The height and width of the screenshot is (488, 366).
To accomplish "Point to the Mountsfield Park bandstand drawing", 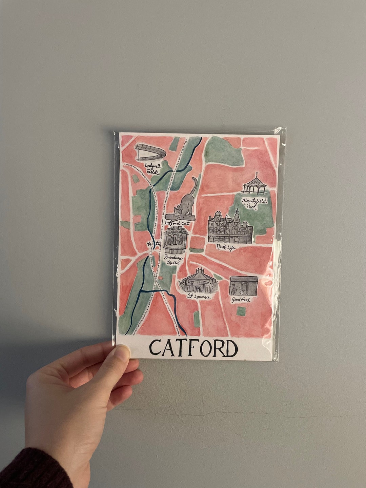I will pos(255,184).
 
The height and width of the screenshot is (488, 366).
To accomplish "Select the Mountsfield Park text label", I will pos(254,203).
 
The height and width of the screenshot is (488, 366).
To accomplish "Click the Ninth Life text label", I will pos(226,248).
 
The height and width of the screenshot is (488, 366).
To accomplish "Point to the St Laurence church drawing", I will pos(199,281).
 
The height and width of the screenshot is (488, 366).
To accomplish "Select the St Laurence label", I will pos(199,297).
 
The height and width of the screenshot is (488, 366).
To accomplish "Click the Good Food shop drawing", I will pos(244,286).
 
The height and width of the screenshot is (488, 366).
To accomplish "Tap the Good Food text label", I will pos(241,300).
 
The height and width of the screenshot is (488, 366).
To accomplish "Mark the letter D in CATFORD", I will pos(230,348).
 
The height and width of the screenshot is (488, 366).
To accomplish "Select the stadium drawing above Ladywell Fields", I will pos(150,152).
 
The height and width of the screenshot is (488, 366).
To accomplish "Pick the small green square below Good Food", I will pos(241,311).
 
